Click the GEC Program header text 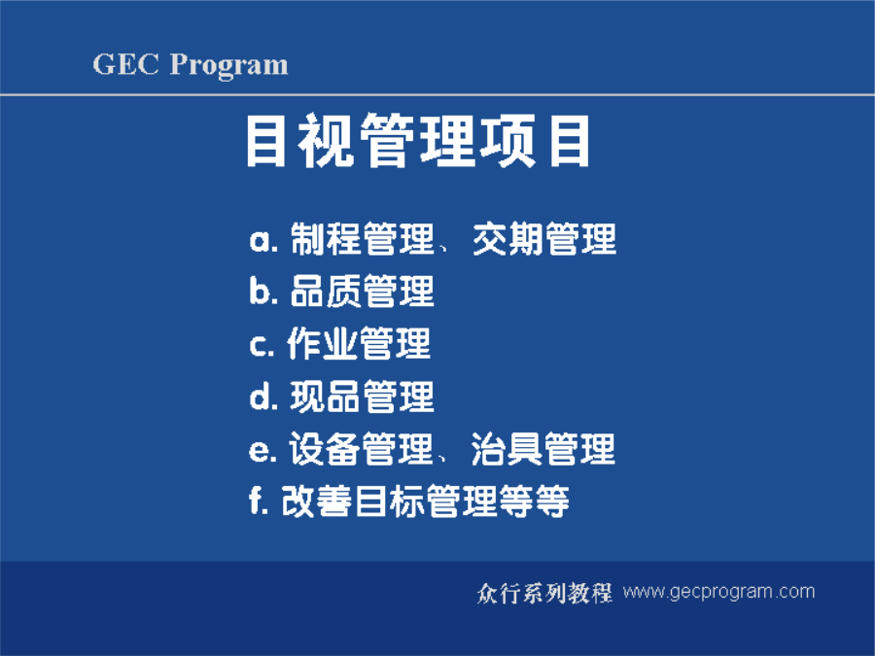point(191,65)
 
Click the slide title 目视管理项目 point(418,140)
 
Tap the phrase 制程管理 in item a point(363,239)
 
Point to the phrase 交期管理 point(544,239)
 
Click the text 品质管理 point(363,292)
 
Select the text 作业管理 point(358,343)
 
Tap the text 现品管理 point(362,397)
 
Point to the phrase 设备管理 point(361,449)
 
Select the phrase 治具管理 point(542,449)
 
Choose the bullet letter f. point(259,500)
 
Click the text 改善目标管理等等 point(425,501)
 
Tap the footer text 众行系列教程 point(544,593)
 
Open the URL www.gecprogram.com point(718,592)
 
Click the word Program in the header point(228,66)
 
